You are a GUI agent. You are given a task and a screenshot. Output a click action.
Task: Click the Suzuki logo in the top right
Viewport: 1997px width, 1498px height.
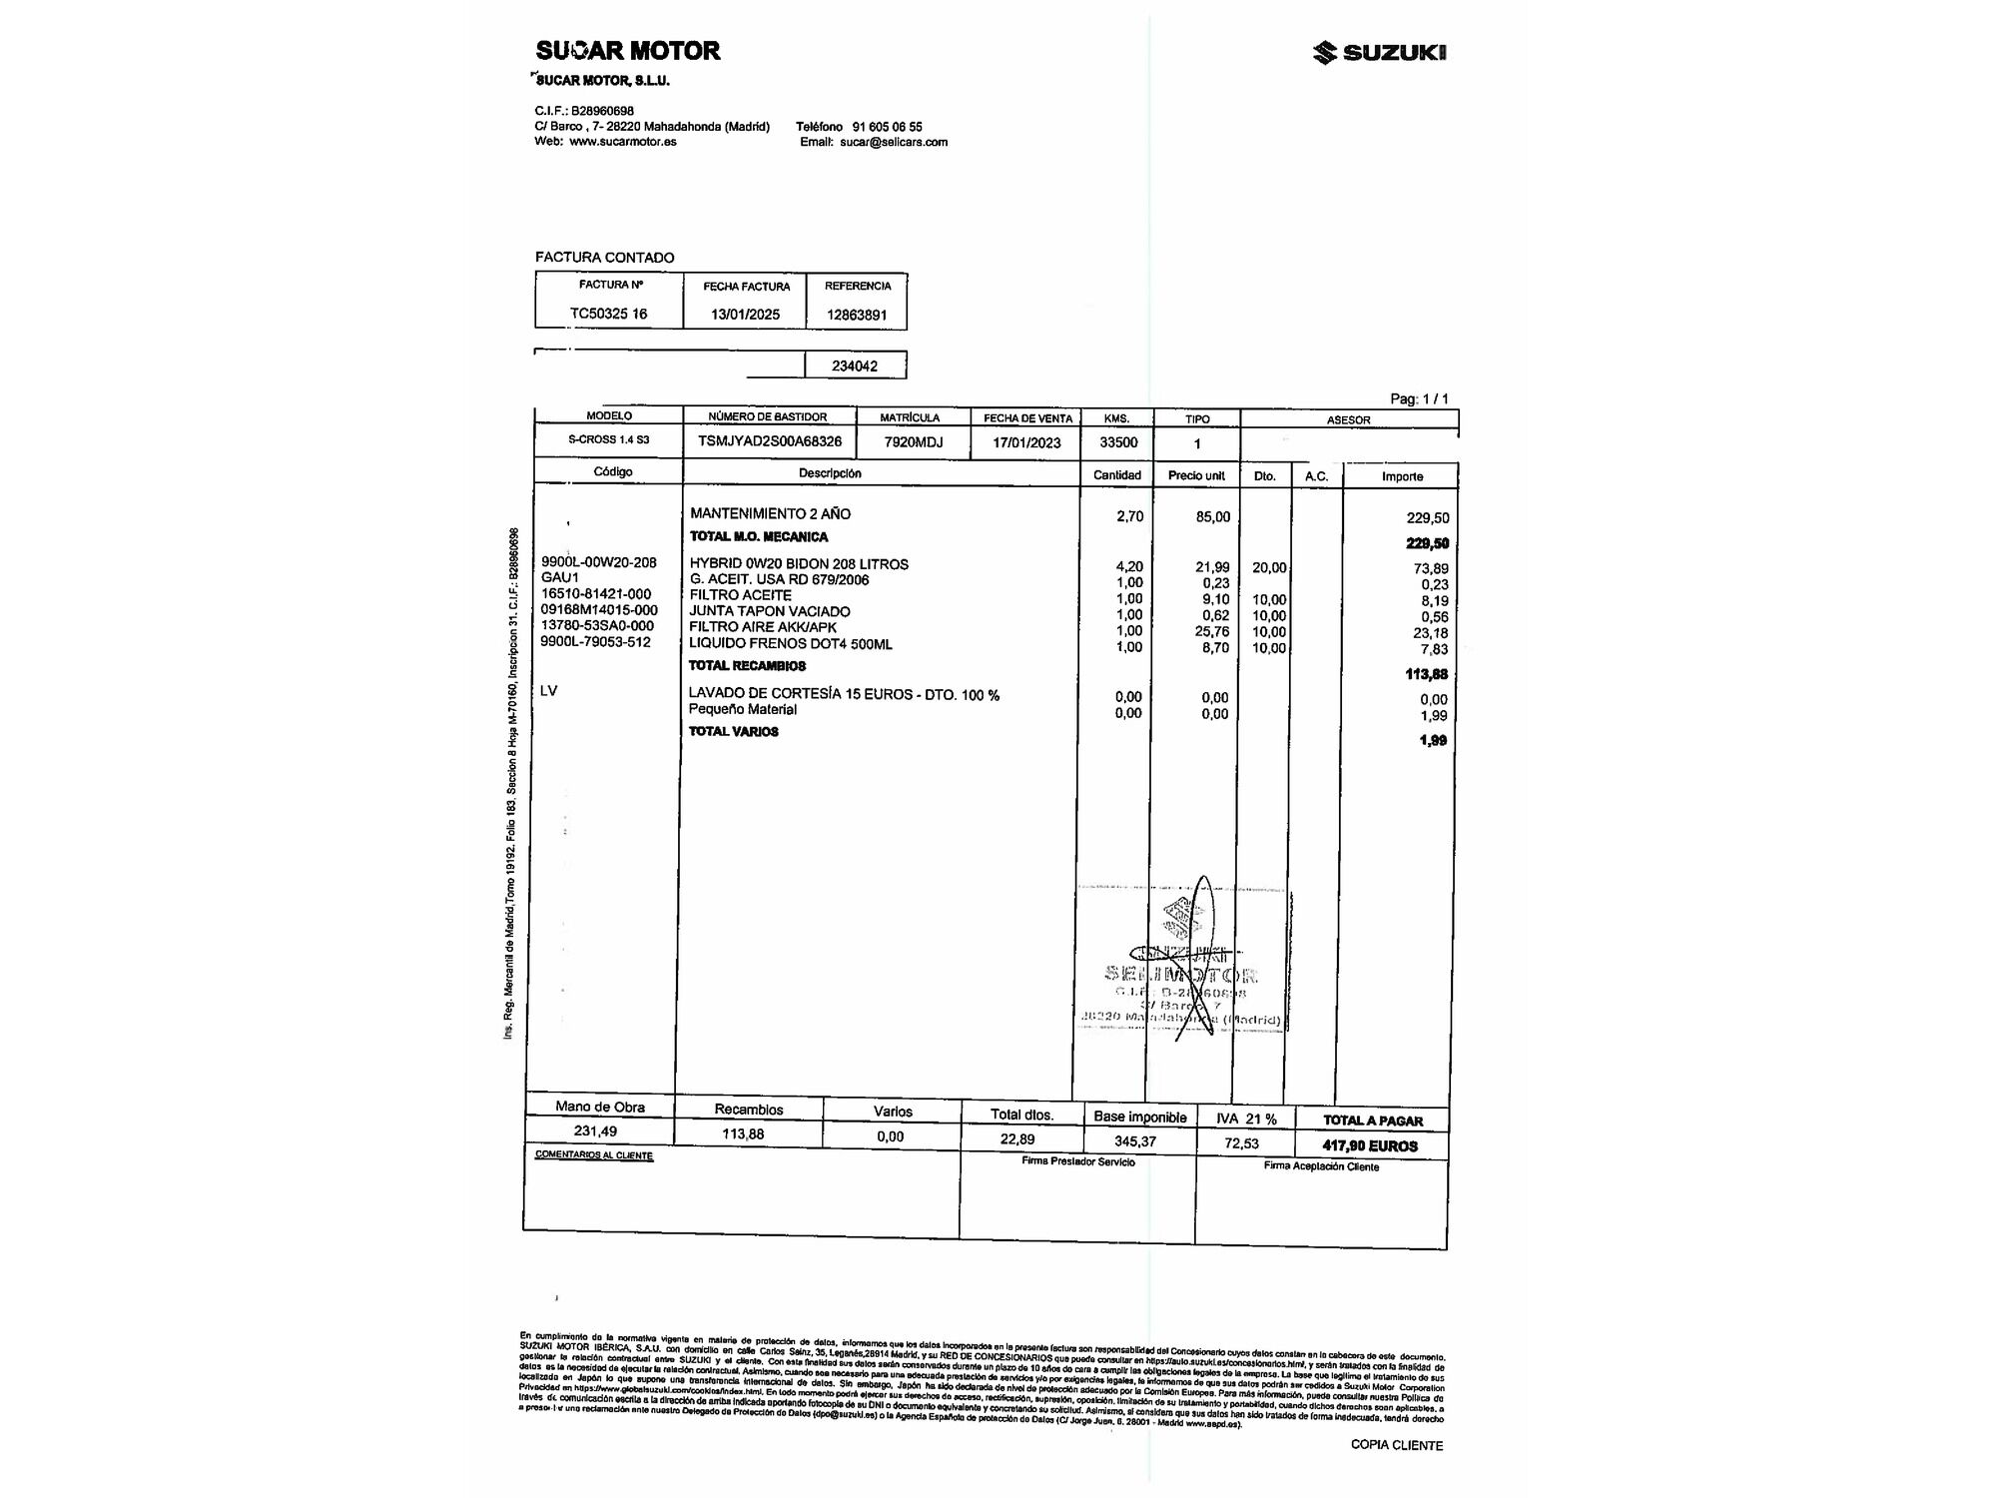point(1379,53)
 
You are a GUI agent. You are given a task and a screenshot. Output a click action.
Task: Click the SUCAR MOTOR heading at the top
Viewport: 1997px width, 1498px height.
point(627,51)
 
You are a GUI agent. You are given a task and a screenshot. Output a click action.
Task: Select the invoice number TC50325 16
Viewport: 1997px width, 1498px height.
point(608,314)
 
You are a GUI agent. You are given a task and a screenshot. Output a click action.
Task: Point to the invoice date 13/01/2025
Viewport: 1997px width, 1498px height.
point(745,315)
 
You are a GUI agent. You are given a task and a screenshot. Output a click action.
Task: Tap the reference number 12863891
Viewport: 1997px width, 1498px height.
point(857,316)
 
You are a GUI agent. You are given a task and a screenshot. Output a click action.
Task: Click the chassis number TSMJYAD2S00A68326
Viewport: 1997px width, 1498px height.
point(769,441)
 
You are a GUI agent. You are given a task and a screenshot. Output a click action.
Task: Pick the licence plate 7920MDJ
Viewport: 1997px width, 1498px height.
point(913,442)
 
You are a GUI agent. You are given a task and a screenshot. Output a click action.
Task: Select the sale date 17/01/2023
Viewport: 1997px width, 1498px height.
point(1026,442)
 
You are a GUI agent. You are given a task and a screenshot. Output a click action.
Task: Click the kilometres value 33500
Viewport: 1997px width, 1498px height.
point(1118,442)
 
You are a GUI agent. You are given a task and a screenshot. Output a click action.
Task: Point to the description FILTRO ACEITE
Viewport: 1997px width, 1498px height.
point(740,595)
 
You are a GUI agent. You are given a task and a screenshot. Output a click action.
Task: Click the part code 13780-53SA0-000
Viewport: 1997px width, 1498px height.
point(596,626)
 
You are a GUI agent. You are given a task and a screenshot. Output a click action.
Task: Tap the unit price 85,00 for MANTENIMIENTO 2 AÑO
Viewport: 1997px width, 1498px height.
point(1213,517)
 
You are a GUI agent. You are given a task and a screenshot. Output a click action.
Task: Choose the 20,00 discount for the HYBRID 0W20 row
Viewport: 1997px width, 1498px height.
point(1269,567)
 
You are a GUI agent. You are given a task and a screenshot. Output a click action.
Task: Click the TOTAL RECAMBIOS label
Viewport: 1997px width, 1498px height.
point(747,666)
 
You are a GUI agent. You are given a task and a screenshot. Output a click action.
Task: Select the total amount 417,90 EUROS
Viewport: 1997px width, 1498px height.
point(1370,1146)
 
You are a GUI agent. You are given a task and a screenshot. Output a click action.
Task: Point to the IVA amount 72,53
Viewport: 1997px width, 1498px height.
point(1241,1143)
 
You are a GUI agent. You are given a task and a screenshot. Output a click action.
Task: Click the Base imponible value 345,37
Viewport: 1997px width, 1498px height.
point(1135,1141)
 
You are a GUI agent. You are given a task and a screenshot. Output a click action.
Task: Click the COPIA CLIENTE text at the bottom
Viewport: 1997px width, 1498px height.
point(1396,1445)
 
